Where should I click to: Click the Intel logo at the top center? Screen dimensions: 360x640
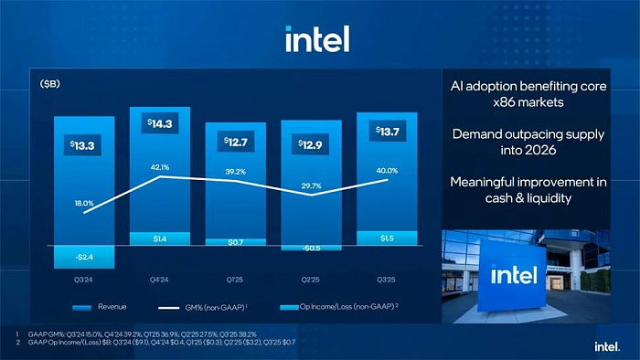click(x=316, y=38)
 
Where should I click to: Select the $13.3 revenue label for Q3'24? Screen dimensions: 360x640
click(x=81, y=145)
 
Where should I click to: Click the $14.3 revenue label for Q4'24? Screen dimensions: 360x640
click(x=159, y=123)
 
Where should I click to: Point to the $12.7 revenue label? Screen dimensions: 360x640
click(x=235, y=143)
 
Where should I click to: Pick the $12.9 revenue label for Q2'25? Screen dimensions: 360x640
click(x=311, y=144)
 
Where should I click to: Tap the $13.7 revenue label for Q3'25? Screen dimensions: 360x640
click(x=387, y=132)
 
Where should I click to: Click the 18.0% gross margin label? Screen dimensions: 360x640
click(x=83, y=203)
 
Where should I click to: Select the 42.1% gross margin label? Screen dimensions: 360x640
click(x=159, y=167)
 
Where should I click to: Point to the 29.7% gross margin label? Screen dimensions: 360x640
click(x=311, y=185)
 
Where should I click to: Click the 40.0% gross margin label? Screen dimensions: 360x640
click(x=387, y=171)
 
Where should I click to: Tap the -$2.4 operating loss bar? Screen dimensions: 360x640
click(x=83, y=257)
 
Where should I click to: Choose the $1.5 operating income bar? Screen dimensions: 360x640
click(x=387, y=238)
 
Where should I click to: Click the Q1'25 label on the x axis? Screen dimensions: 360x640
click(x=235, y=279)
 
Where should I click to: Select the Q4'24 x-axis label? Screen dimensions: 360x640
click(x=159, y=279)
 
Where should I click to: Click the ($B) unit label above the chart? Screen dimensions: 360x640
click(x=51, y=84)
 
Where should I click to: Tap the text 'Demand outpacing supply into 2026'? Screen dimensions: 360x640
click(x=528, y=143)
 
